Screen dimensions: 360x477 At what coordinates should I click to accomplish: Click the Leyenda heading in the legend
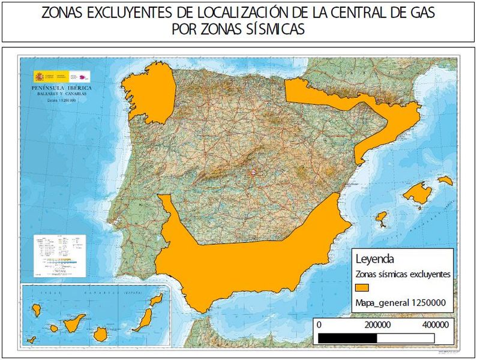(375, 259)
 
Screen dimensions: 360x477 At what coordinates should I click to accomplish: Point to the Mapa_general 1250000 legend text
(401, 302)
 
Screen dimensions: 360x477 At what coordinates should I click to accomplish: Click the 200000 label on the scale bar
(377, 324)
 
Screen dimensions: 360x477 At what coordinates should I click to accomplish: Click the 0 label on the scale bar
(319, 324)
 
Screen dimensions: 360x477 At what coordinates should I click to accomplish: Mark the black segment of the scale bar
(347, 338)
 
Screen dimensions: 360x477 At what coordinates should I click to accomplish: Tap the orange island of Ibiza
(381, 218)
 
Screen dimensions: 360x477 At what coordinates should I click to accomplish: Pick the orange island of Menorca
(445, 179)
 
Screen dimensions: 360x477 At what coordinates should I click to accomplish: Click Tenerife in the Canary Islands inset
(77, 323)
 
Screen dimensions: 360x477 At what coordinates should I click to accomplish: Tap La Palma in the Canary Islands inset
(36, 310)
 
